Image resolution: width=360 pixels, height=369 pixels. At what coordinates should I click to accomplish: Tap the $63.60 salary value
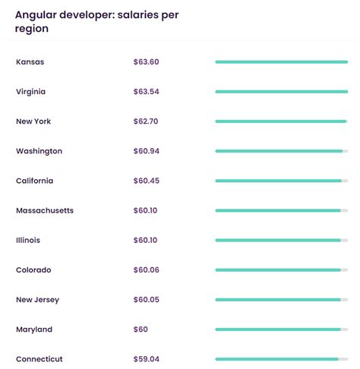click(147, 61)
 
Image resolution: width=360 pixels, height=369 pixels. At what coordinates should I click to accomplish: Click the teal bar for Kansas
click(281, 61)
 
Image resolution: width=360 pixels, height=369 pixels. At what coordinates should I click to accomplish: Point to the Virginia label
click(31, 91)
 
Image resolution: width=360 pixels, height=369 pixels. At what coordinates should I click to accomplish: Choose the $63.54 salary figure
click(147, 91)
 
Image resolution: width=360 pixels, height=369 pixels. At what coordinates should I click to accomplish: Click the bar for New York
click(280, 121)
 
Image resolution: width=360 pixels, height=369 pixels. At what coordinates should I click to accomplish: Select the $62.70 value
click(147, 121)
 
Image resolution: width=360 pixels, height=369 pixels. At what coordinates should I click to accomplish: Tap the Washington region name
click(39, 151)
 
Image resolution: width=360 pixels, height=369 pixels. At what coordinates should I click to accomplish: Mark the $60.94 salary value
click(147, 151)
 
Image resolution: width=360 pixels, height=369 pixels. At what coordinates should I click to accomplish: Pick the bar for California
click(278, 181)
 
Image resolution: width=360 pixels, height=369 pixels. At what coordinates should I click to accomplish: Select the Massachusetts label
click(44, 210)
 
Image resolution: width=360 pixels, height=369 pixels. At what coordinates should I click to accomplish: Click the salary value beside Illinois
click(145, 240)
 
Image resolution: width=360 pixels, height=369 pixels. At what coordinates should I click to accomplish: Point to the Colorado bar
click(278, 270)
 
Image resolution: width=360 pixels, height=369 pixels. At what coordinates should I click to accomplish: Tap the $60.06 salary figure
click(147, 270)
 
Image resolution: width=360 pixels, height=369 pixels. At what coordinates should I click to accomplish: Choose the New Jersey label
click(37, 300)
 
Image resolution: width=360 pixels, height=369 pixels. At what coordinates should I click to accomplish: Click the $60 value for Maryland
click(141, 330)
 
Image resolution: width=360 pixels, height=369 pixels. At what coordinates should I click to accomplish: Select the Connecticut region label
click(39, 359)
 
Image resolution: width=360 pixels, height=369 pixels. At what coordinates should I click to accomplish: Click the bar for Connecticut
click(276, 359)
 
